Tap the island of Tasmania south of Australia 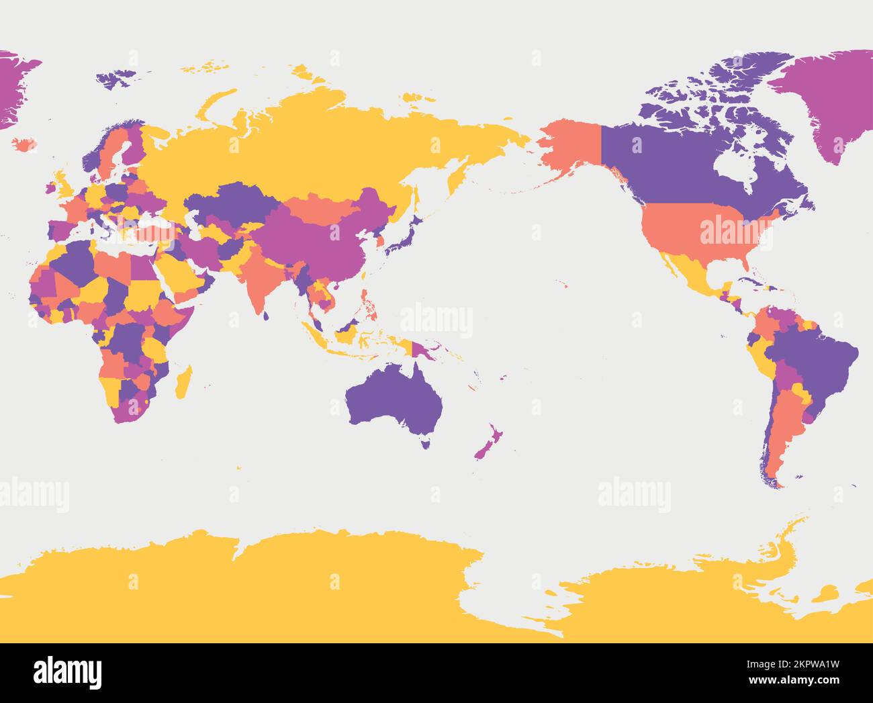point(425,442)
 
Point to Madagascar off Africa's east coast point(183,382)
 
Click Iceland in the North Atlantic point(24,144)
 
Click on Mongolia point(320,207)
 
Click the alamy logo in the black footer point(68,671)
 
